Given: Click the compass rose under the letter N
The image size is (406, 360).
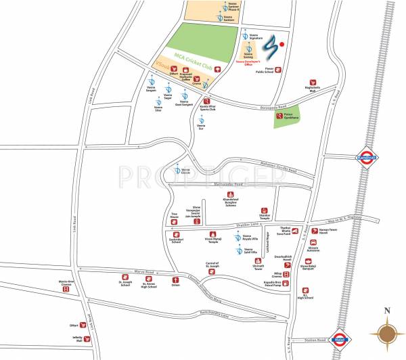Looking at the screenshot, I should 388,333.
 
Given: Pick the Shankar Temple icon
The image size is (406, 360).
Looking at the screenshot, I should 265,210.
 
